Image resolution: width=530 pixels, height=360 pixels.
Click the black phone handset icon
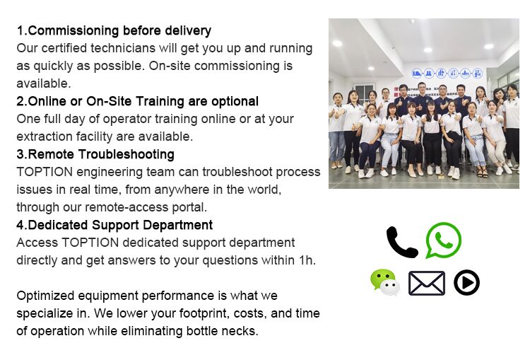[401, 243]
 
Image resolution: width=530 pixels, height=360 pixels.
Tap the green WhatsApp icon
[443, 240]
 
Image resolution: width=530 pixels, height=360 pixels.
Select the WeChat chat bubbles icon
[385, 282]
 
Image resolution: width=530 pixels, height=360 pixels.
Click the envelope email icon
[427, 283]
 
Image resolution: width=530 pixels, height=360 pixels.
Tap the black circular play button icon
[467, 282]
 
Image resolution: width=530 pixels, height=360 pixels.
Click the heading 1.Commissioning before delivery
[114, 30]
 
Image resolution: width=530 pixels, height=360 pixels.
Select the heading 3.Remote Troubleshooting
[95, 154]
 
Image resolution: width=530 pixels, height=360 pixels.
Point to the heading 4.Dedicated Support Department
[114, 225]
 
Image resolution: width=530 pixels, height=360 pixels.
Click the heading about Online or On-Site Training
[138, 101]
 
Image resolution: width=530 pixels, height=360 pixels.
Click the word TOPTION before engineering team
[45, 172]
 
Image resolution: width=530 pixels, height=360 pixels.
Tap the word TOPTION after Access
[90, 243]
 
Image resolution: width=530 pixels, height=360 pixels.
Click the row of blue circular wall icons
[447, 73]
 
